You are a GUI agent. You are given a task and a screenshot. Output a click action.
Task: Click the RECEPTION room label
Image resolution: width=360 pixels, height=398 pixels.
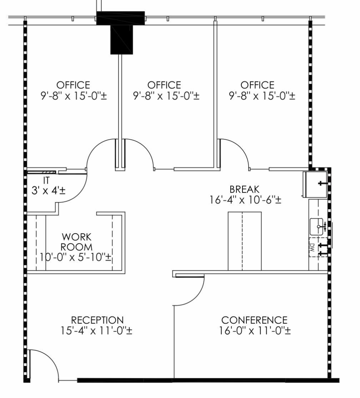[97, 320]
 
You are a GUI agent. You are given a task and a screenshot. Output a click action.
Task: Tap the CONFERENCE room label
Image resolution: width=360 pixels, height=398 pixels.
[254, 320]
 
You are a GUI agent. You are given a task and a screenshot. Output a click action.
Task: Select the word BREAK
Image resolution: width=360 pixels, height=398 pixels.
[244, 189]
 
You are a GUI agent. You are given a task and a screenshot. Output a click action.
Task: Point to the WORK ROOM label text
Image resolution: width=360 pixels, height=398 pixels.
[76, 242]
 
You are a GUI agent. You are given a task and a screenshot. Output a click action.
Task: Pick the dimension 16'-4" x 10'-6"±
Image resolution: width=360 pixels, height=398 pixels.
[245, 200]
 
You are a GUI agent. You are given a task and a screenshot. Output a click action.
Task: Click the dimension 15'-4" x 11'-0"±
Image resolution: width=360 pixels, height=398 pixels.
[97, 331]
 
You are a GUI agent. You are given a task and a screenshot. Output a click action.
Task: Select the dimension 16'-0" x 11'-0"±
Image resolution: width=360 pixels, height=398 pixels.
[255, 331]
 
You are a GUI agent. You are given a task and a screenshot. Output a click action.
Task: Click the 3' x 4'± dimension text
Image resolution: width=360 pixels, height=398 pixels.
[49, 191]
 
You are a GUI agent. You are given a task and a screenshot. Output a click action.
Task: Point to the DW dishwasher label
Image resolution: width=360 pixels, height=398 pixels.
[311, 247]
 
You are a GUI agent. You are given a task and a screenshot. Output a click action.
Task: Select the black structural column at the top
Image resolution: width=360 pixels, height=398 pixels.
[121, 33]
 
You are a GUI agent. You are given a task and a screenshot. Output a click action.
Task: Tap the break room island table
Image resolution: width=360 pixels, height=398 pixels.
[245, 241]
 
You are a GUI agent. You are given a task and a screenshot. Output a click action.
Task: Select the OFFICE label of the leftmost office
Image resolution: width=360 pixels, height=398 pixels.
[73, 85]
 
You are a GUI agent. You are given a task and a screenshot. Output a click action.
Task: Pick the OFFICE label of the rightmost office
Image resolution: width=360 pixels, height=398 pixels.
[257, 85]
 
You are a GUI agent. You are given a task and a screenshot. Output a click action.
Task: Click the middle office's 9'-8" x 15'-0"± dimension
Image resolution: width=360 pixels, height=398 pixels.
[166, 96]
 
